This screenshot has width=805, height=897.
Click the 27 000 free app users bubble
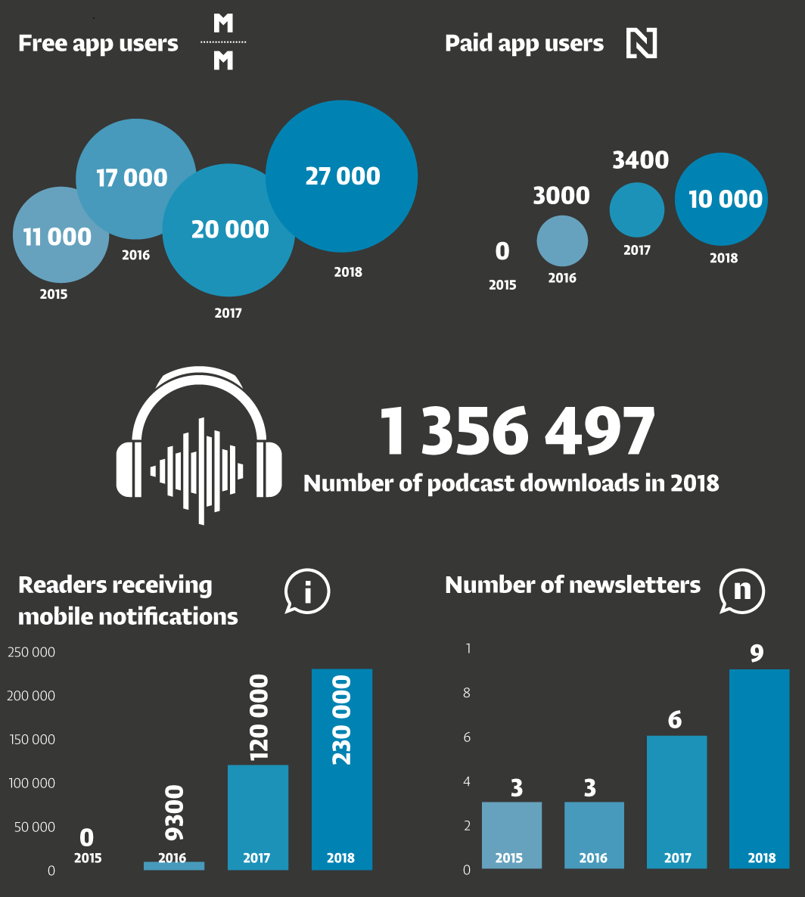click(x=342, y=175)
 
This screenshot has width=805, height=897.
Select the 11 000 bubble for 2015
click(x=57, y=236)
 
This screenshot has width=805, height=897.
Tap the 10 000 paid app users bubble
click(x=725, y=199)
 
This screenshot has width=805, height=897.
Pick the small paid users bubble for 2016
click(x=562, y=241)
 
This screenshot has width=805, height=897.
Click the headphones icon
click(x=200, y=446)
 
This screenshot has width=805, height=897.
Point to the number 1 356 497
click(x=516, y=432)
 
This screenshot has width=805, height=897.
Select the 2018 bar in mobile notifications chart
click(x=341, y=768)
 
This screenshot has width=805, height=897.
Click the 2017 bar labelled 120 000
click(x=258, y=817)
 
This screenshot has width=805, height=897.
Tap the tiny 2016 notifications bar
click(x=174, y=865)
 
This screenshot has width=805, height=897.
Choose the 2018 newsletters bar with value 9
click(x=760, y=768)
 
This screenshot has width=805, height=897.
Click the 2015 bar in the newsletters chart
click(x=511, y=835)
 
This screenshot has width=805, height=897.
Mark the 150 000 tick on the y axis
click(x=31, y=740)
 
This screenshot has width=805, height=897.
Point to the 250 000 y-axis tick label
click(x=31, y=652)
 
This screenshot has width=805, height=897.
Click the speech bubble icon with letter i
click(x=307, y=591)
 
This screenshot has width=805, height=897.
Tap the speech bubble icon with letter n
click(x=742, y=591)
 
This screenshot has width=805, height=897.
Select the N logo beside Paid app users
click(x=642, y=43)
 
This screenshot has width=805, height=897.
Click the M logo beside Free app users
click(x=223, y=43)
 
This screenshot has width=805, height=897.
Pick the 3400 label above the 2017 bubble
click(x=640, y=160)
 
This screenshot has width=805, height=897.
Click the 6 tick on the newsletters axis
click(x=467, y=737)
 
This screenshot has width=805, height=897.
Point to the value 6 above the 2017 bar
click(x=675, y=720)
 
